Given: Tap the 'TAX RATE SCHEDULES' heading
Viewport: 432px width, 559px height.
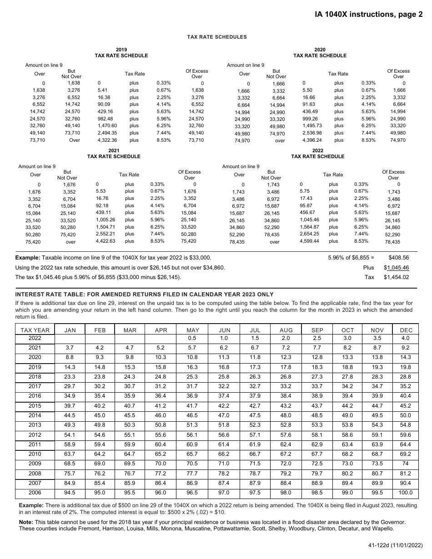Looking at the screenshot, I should [x=217, y=37].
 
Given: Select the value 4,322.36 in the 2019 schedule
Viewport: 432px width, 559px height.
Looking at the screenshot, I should [x=107, y=140].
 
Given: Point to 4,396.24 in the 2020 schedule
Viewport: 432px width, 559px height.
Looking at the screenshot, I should [x=312, y=140].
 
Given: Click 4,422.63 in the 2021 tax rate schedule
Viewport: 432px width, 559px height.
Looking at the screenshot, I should [x=105, y=241].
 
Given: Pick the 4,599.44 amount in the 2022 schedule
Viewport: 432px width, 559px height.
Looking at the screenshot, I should [x=309, y=241].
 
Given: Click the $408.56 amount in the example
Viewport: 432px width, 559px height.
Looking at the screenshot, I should [x=399, y=258].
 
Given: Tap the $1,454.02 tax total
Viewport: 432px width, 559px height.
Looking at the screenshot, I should [x=396, y=277].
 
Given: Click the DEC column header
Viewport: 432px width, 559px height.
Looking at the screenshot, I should [x=406, y=330].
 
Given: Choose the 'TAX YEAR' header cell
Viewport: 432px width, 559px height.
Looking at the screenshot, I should [x=35, y=330].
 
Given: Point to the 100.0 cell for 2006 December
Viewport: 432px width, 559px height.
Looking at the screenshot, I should [x=406, y=493].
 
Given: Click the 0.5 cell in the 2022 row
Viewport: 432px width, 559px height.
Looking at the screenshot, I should [x=192, y=338].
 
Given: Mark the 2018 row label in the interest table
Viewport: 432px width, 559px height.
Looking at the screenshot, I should [x=35, y=377].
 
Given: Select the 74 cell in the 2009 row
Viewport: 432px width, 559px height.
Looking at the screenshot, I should [x=406, y=464].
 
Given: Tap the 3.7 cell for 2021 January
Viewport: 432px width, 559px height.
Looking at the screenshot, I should [x=70, y=348].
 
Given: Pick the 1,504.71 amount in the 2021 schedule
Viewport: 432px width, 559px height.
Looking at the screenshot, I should [x=105, y=227].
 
